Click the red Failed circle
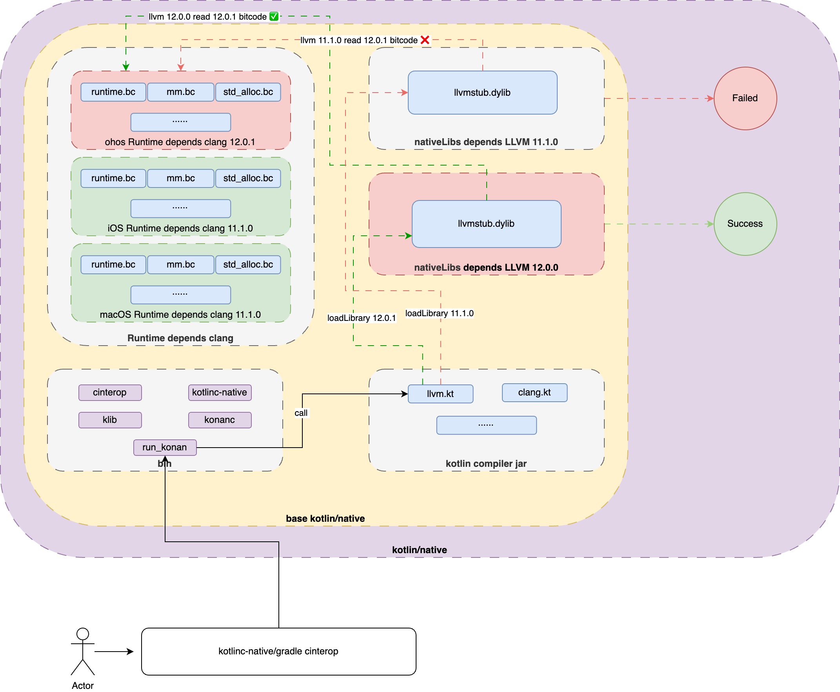(744, 98)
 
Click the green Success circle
(744, 224)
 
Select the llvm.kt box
(440, 393)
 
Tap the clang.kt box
(534, 392)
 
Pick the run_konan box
(165, 447)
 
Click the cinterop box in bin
(109, 392)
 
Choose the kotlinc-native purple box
(219, 392)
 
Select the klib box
(109, 420)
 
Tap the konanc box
(219, 420)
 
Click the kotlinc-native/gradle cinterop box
(278, 651)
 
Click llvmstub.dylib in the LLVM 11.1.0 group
(482, 93)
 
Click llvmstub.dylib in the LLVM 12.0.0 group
(486, 224)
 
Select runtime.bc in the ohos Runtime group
(113, 92)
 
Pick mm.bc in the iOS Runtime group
(180, 178)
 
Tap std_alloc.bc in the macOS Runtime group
(248, 264)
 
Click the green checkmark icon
(274, 16)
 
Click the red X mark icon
(425, 40)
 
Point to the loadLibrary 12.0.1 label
(361, 318)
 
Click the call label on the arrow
(301, 413)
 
